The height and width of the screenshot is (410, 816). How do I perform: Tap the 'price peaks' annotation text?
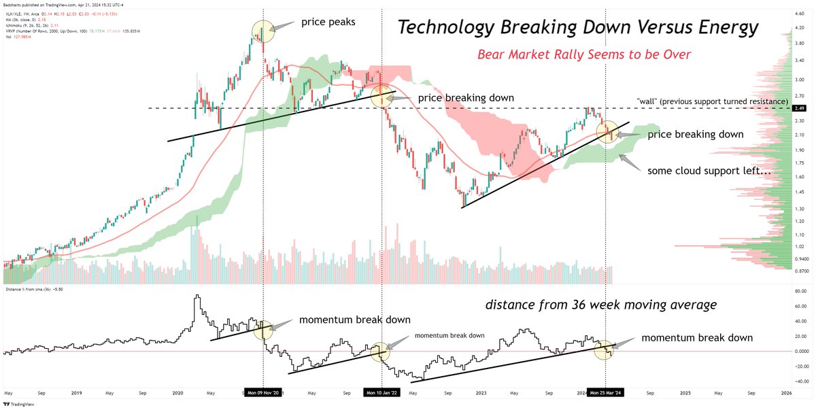pos(328,22)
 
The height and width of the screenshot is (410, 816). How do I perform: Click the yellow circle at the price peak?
pos(264,30)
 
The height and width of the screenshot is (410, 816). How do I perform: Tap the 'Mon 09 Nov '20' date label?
pos(264,393)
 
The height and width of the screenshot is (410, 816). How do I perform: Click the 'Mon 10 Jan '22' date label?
pos(381,393)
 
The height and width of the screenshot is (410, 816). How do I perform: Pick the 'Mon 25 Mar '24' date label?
pos(605,393)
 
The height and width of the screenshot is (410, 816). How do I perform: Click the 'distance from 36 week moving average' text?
pos(600,305)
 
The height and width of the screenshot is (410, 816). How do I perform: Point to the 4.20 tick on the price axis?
pos(800,28)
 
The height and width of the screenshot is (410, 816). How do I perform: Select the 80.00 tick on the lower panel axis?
pos(801,292)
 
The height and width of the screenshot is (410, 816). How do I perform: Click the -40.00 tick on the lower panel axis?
pos(801,381)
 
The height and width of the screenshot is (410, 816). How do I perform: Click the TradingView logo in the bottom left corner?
pos(20,400)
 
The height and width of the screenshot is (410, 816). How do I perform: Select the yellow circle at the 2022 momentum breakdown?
pos(379,351)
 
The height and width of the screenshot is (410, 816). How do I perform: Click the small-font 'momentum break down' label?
pos(449,335)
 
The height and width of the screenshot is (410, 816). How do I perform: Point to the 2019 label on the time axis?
pos(75,393)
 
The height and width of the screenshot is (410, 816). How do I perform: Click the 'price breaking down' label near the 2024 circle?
pos(696,135)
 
